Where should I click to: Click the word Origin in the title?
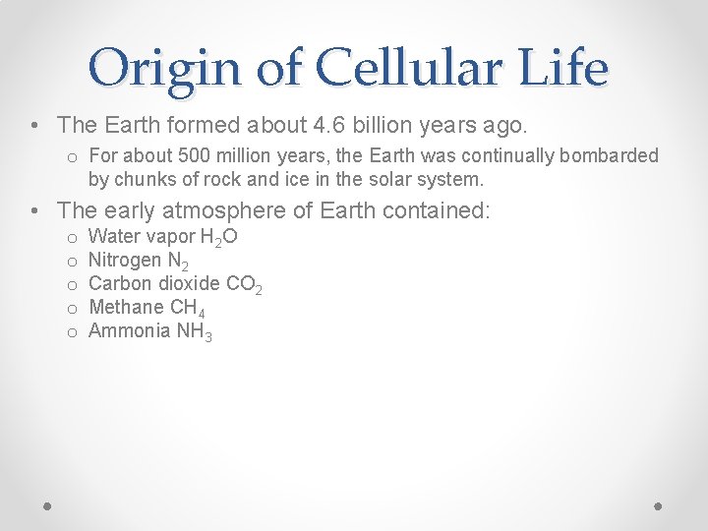click(x=163, y=69)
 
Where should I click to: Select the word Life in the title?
click(x=563, y=69)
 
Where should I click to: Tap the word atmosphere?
click(x=240, y=210)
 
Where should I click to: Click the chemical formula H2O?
click(x=219, y=237)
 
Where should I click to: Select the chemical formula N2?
click(x=177, y=261)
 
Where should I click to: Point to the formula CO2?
click(x=244, y=284)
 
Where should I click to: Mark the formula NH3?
click(x=194, y=331)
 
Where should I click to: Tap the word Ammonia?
click(x=129, y=330)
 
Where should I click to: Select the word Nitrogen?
click(x=124, y=260)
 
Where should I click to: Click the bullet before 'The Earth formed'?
click(x=35, y=126)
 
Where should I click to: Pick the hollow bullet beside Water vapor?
click(x=72, y=238)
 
